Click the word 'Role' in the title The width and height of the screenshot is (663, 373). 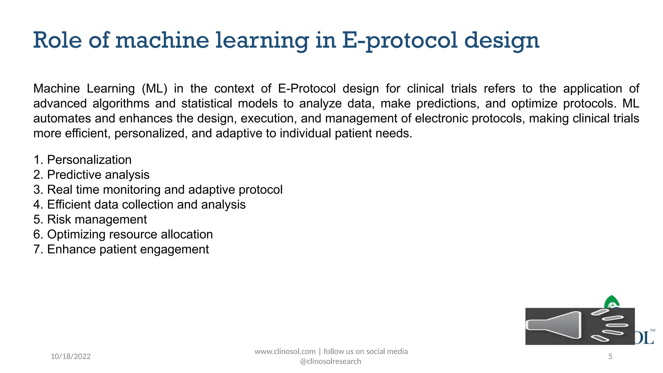pyautogui.click(x=58, y=40)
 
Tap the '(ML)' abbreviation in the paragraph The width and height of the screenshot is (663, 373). pyautogui.click(x=154, y=89)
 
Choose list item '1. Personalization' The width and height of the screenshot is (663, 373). pyautogui.click(x=83, y=160)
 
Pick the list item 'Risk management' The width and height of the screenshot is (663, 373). pyautogui.click(x=90, y=220)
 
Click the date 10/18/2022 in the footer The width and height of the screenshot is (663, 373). pyautogui.click(x=71, y=356)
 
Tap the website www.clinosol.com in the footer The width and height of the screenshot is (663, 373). pyautogui.click(x=285, y=352)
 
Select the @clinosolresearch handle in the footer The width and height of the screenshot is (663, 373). pyautogui.click(x=331, y=361)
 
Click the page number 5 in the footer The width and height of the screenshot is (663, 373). pyautogui.click(x=610, y=356)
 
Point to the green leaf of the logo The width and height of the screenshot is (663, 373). pyautogui.click(x=611, y=302)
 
